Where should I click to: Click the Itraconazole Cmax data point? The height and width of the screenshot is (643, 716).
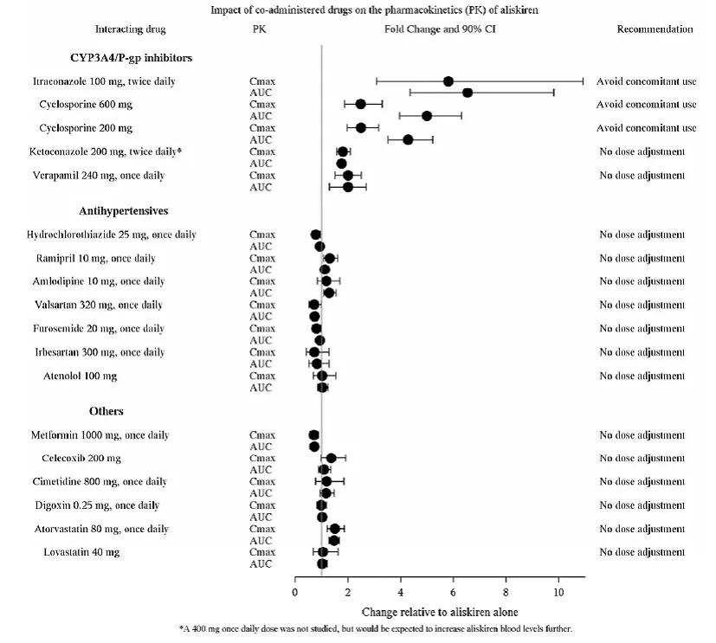(x=448, y=81)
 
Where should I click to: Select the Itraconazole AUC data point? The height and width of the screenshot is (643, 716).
(x=468, y=93)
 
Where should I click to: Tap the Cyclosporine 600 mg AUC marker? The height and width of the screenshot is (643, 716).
(x=427, y=116)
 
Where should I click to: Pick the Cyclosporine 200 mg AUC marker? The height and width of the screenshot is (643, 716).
(x=408, y=139)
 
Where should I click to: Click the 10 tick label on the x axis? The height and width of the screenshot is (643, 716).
(x=558, y=592)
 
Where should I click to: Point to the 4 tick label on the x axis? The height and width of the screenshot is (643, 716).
(x=400, y=592)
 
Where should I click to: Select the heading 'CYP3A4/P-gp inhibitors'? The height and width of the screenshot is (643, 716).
(x=131, y=58)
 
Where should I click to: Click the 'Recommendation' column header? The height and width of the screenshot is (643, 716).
(x=655, y=29)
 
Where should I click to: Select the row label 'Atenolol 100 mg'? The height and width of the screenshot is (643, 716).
(x=81, y=376)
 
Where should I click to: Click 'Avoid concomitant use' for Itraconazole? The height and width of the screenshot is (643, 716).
(x=646, y=81)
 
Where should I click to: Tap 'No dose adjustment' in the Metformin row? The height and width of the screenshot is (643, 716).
(x=642, y=434)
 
